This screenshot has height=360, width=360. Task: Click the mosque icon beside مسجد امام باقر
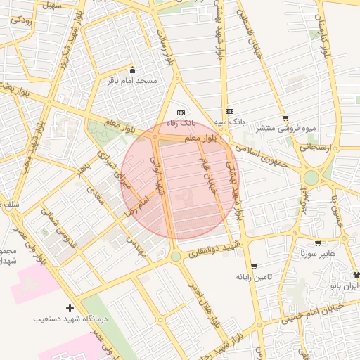[134, 70]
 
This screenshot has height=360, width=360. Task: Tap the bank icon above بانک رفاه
[181, 112]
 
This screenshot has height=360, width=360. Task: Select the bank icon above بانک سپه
[229, 111]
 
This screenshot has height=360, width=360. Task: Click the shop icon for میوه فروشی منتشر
[285, 118]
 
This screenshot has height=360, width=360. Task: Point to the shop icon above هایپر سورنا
[319, 243]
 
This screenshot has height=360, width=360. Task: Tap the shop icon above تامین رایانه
[253, 266]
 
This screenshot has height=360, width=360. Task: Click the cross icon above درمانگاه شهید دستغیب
[69, 308]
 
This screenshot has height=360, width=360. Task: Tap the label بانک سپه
[230, 122]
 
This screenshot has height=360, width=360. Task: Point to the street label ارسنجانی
[319, 148]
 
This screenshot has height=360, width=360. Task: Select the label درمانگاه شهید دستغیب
[70, 319]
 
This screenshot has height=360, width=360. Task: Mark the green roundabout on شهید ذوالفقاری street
[175, 257]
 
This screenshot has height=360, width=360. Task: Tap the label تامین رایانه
[254, 277]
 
